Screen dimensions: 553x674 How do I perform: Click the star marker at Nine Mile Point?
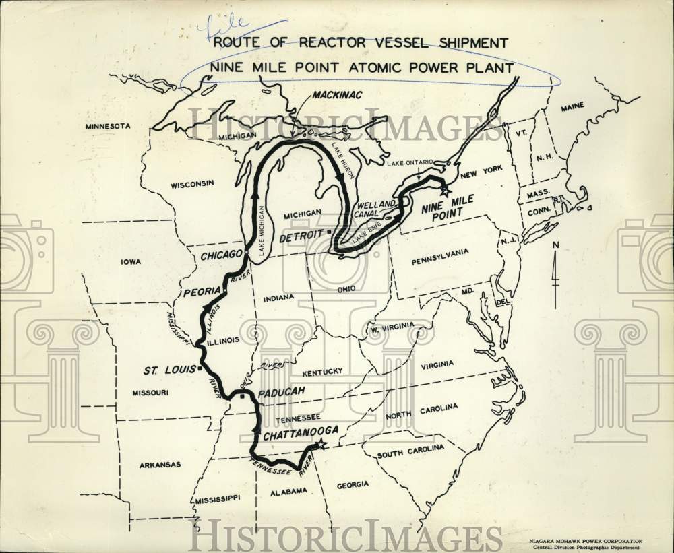444,191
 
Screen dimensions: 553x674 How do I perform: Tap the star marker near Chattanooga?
321,444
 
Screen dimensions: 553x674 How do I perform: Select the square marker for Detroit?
329,231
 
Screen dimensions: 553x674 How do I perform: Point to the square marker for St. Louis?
200,369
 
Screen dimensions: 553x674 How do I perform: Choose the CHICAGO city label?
220,255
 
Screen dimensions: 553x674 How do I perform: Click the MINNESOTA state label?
107,126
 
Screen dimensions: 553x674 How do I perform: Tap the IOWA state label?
130,261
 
